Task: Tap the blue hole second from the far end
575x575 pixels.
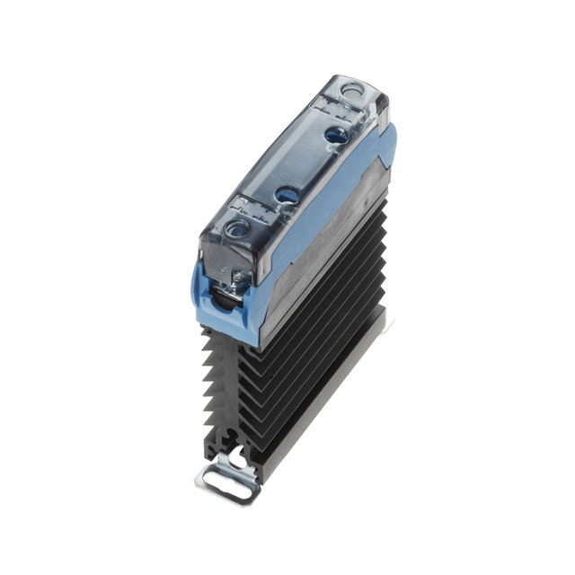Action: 336,135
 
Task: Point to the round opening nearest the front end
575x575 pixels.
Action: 238,230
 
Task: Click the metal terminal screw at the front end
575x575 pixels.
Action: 239,284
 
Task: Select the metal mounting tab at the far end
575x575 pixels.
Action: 386,319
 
